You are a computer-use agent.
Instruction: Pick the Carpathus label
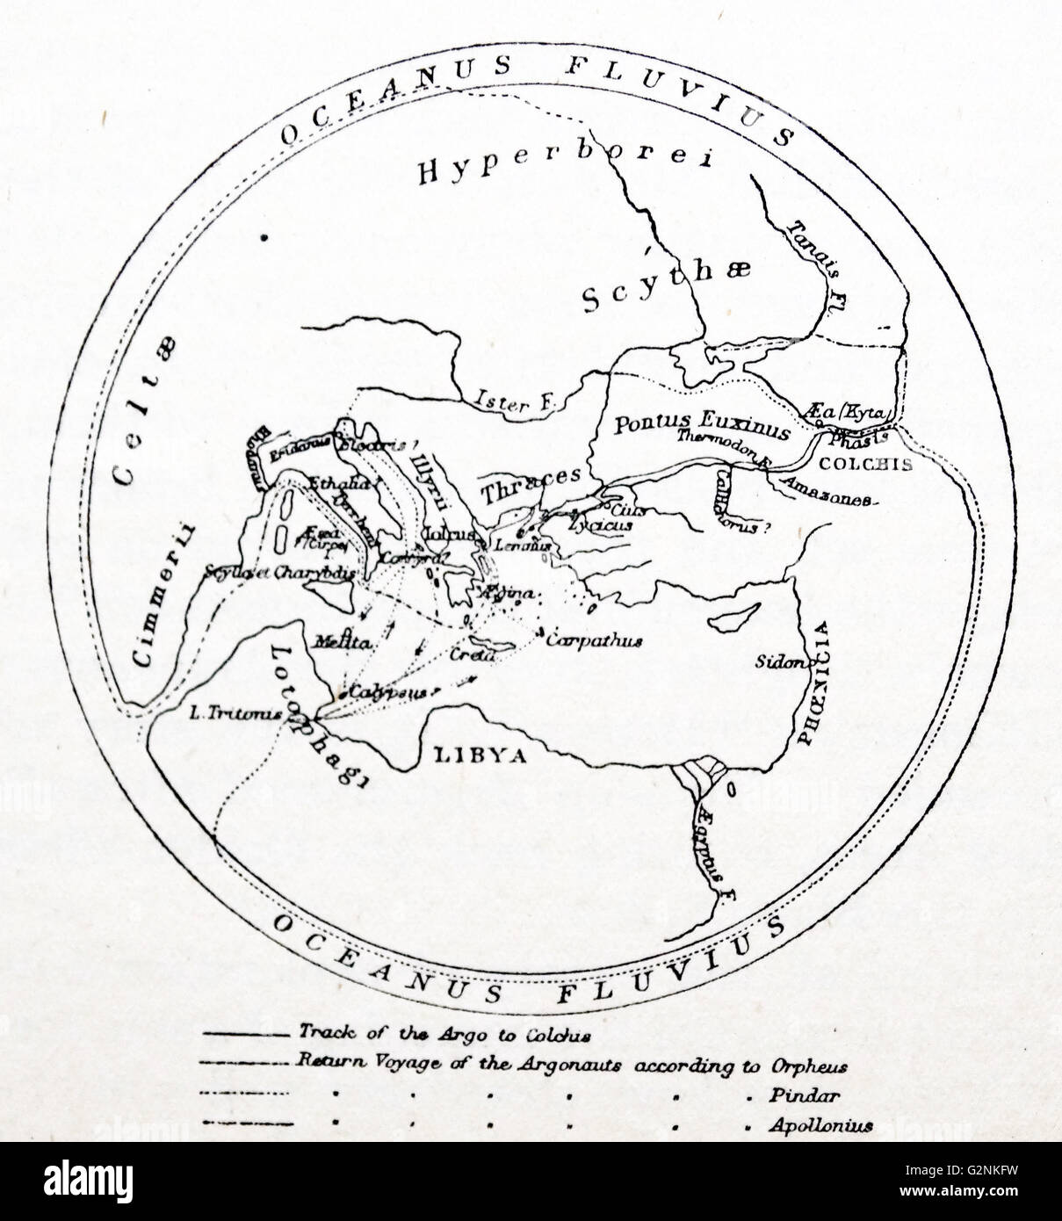[606, 640]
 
